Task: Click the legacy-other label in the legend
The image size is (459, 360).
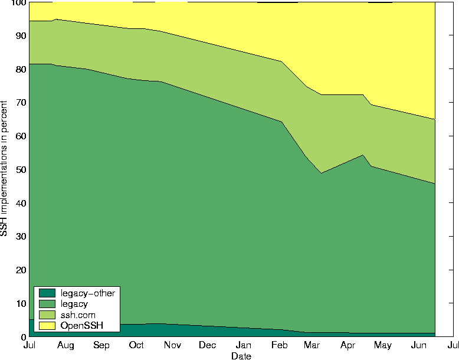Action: click(x=87, y=293)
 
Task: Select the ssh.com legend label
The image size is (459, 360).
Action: click(x=78, y=315)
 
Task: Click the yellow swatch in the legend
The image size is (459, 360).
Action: click(x=47, y=326)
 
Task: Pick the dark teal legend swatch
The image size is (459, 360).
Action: click(x=47, y=293)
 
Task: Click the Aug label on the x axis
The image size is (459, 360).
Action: click(x=65, y=345)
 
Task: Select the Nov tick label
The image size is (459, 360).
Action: click(x=172, y=345)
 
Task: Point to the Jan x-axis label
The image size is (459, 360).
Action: click(x=244, y=345)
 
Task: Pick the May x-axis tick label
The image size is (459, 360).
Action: click(x=383, y=345)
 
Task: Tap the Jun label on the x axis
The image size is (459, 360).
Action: click(x=418, y=345)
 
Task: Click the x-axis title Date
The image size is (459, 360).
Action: click(x=241, y=356)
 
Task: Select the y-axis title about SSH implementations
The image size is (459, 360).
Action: click(x=5, y=169)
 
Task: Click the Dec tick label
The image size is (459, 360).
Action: click(x=208, y=345)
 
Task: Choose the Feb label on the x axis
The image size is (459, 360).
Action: click(x=280, y=345)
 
